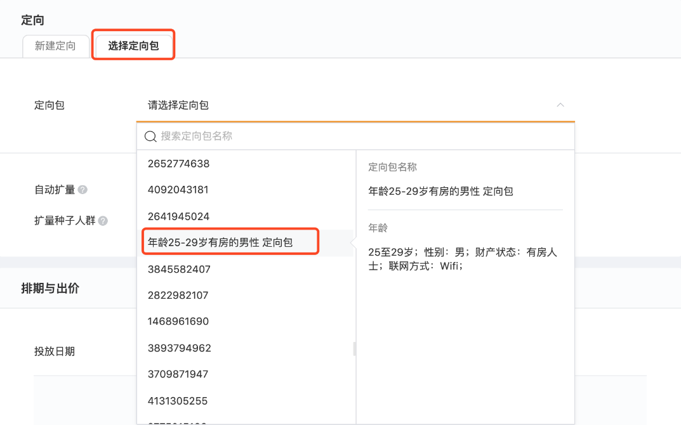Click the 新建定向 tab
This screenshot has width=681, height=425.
pyautogui.click(x=55, y=46)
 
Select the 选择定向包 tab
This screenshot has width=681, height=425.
pyautogui.click(x=133, y=46)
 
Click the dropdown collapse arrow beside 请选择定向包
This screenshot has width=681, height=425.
pyautogui.click(x=560, y=105)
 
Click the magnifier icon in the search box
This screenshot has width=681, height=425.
pyautogui.click(x=150, y=136)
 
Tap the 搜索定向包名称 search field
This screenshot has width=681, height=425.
pyautogui.click(x=355, y=136)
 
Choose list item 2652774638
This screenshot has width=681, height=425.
pyautogui.click(x=179, y=164)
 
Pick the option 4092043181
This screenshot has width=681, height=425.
pyautogui.click(x=178, y=190)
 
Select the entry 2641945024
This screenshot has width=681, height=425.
pyautogui.click(x=179, y=216)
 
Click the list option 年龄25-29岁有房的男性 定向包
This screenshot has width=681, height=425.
pyautogui.click(x=221, y=242)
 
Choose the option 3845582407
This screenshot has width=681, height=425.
pyautogui.click(x=179, y=269)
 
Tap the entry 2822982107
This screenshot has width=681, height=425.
pyautogui.click(x=178, y=295)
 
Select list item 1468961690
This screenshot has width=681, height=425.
pyautogui.click(x=178, y=322)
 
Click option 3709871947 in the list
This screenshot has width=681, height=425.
pyautogui.click(x=178, y=374)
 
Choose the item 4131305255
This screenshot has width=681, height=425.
pyautogui.click(x=178, y=401)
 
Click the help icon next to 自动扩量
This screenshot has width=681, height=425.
pyautogui.click(x=83, y=190)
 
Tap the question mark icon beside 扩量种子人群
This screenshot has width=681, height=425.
pyautogui.click(x=103, y=221)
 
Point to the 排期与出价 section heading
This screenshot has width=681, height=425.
pyautogui.click(x=50, y=289)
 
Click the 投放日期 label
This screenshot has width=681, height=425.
pyautogui.click(x=55, y=351)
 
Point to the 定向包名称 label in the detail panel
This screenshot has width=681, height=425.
pyautogui.click(x=392, y=167)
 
